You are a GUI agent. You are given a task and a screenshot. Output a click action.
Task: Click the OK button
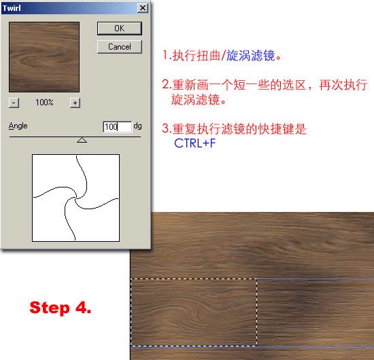pos(120,29)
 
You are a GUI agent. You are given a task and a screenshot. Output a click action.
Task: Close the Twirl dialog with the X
pos(143,8)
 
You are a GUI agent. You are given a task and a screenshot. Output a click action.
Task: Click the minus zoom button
pos(14,103)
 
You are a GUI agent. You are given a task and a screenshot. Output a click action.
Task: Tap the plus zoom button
pos(75,103)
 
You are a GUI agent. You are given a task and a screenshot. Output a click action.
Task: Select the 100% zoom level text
pos(44,103)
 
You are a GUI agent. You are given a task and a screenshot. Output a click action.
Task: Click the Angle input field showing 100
pos(117,126)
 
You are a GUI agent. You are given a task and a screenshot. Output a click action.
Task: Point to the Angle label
pos(18,126)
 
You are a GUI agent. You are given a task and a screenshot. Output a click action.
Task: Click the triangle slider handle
pos(82,140)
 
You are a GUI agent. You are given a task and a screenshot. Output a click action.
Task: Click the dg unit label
pos(137,126)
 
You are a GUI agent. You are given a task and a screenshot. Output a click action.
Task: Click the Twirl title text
pos(12,8)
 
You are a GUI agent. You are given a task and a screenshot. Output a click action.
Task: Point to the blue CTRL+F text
pos(195,143)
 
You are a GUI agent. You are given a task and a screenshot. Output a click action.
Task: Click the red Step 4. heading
pos(61,308)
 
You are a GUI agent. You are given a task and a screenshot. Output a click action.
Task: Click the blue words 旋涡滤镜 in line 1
pos(251,56)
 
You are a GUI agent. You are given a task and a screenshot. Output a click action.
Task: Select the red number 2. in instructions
pos(167,84)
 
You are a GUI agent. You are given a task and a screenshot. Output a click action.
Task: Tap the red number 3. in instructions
pos(167,128)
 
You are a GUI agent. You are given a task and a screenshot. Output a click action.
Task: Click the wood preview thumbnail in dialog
pos(44,57)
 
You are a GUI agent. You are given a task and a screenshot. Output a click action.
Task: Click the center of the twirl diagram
pos(76,198)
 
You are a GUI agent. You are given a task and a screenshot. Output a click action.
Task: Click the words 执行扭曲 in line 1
pos(197,56)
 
